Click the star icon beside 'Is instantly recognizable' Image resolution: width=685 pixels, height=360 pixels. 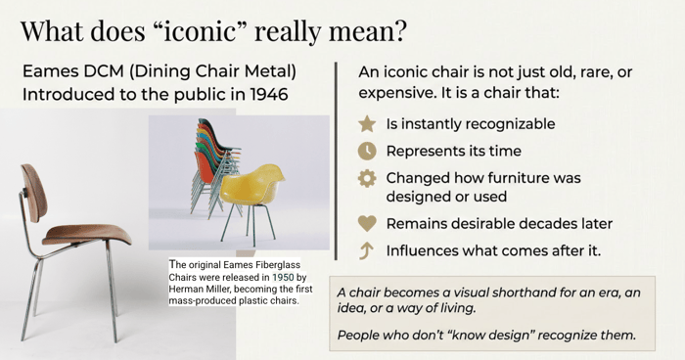coord(367,123)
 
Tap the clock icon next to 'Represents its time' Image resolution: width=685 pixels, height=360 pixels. coord(367,151)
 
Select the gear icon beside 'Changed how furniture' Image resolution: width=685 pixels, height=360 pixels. coord(367,178)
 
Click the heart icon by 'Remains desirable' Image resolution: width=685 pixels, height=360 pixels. coord(367,224)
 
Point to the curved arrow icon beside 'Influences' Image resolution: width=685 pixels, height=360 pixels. coord(366,250)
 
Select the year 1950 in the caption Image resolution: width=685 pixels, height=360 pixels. coord(283,277)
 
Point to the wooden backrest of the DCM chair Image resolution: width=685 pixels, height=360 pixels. coord(33,193)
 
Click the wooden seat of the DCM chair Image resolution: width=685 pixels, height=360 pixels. coord(87,235)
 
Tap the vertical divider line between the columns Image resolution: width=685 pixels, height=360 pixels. coord(336,160)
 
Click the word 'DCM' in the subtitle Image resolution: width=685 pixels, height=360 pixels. coord(104,71)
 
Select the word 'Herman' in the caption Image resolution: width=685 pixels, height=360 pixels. coord(182,290)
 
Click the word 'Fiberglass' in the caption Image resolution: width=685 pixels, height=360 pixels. coord(278,265)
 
